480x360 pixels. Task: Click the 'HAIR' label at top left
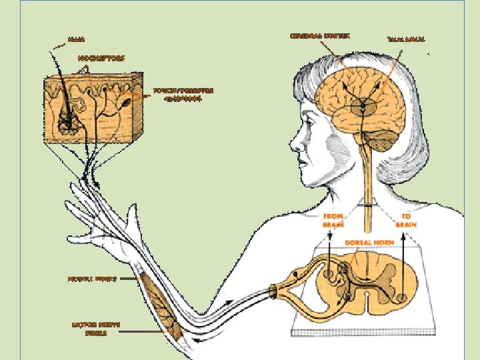[x=79, y=40]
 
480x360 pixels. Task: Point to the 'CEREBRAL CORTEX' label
[x=319, y=35]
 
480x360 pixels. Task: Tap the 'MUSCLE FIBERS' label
[x=92, y=280]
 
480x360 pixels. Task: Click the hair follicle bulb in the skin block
[x=67, y=121]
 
